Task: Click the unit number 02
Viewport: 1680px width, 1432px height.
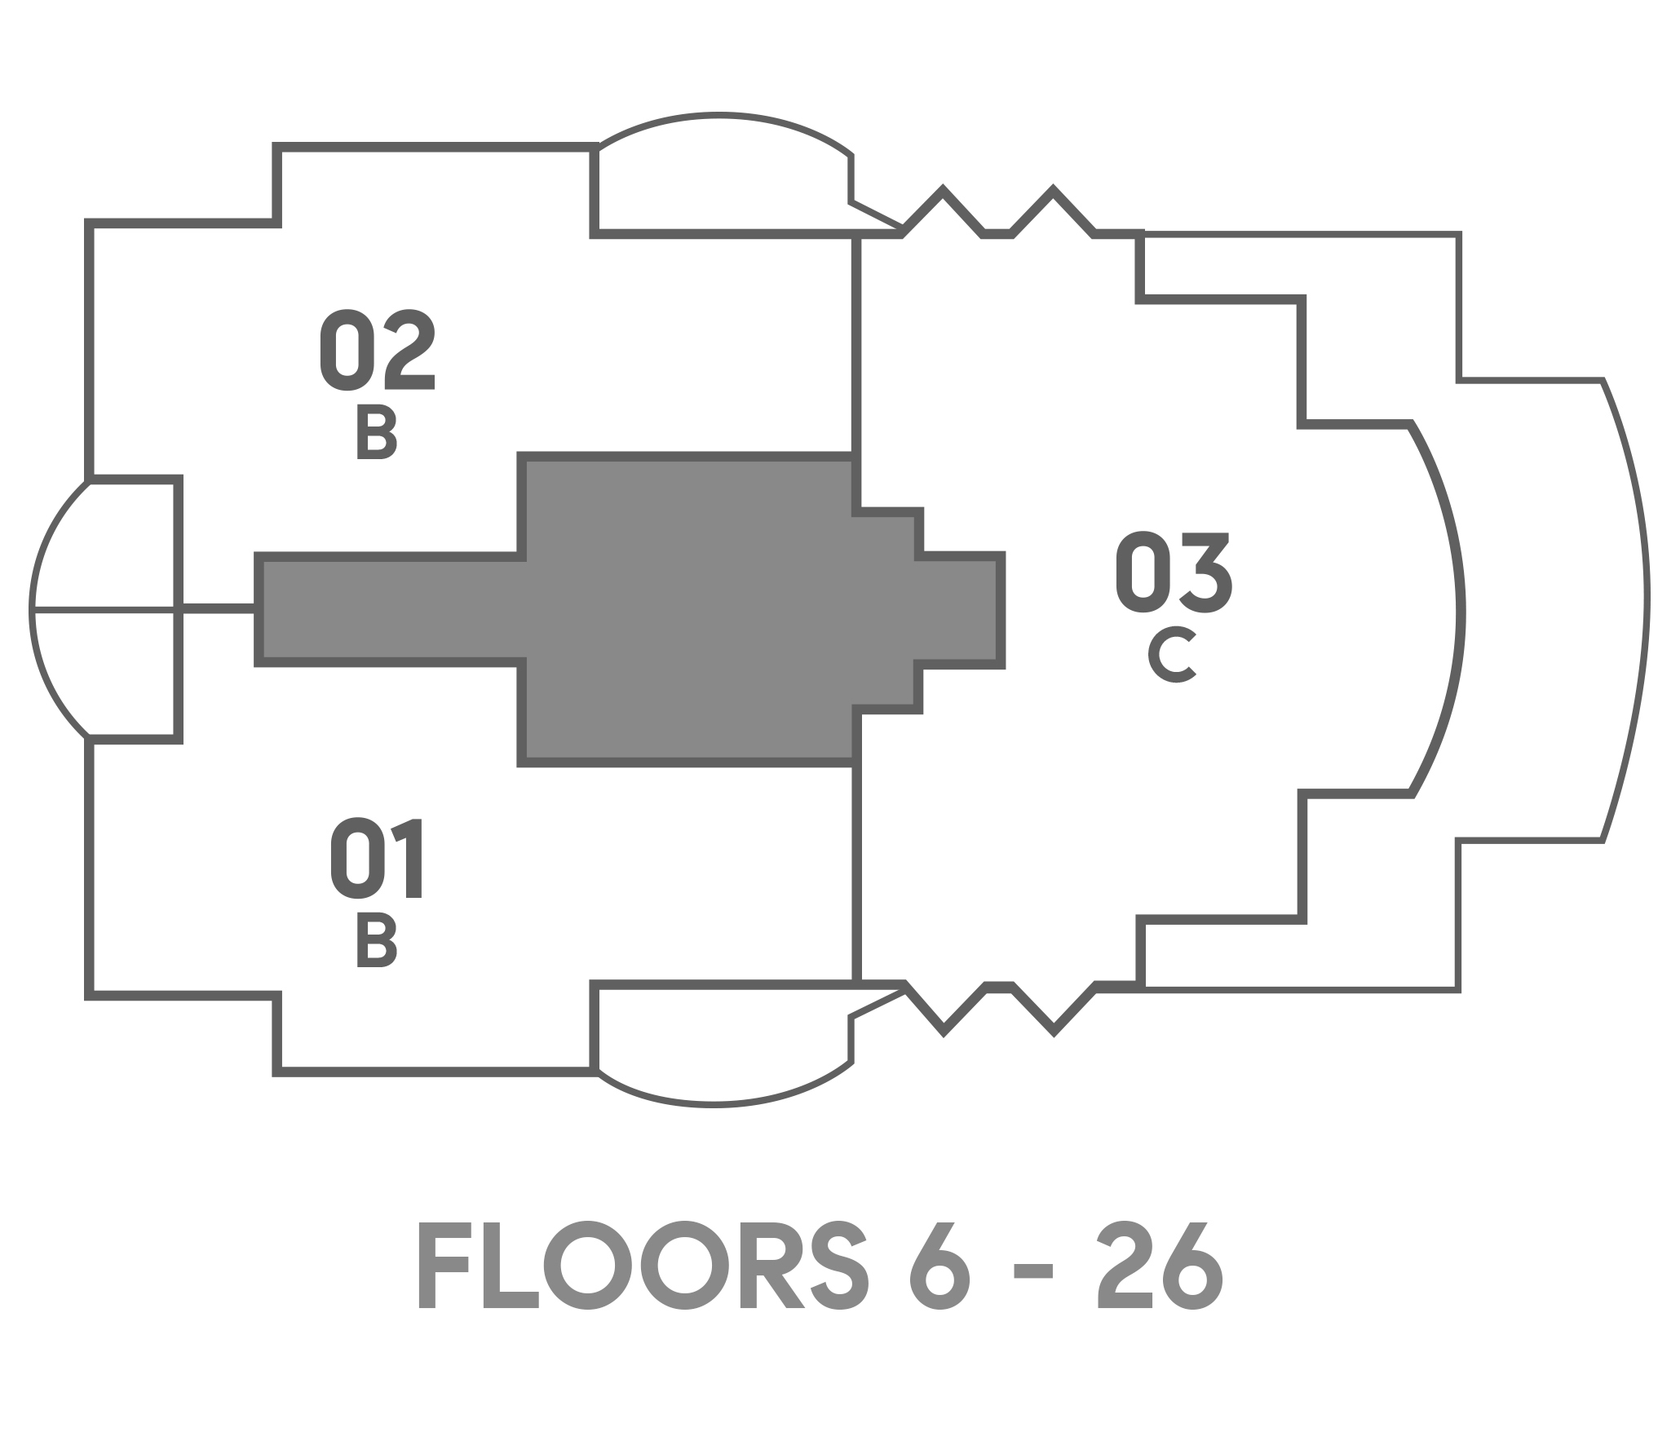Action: tap(377, 350)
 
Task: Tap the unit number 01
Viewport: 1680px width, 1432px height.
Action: tap(377, 860)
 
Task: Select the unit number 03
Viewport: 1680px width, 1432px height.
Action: tap(1174, 572)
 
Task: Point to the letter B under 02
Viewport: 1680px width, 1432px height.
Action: tap(377, 433)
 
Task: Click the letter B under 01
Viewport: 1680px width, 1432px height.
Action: tap(377, 940)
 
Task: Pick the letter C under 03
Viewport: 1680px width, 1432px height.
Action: tap(1173, 656)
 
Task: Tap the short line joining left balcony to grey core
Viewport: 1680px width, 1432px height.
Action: tap(219, 608)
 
